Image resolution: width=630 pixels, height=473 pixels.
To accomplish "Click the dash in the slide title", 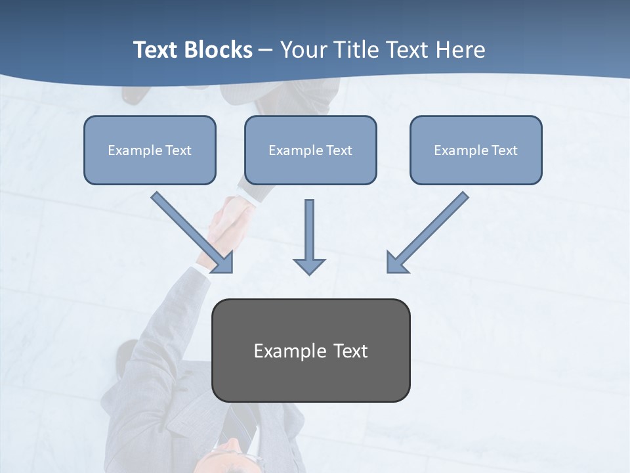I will pos(266,51).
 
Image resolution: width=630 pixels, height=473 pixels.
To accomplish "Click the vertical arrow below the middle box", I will pos(309,230).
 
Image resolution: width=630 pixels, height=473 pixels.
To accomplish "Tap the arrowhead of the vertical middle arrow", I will pos(309,266).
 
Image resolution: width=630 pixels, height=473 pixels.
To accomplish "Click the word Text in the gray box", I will pos(350,351).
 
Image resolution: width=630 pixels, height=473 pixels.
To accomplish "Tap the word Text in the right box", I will pos(505,150).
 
